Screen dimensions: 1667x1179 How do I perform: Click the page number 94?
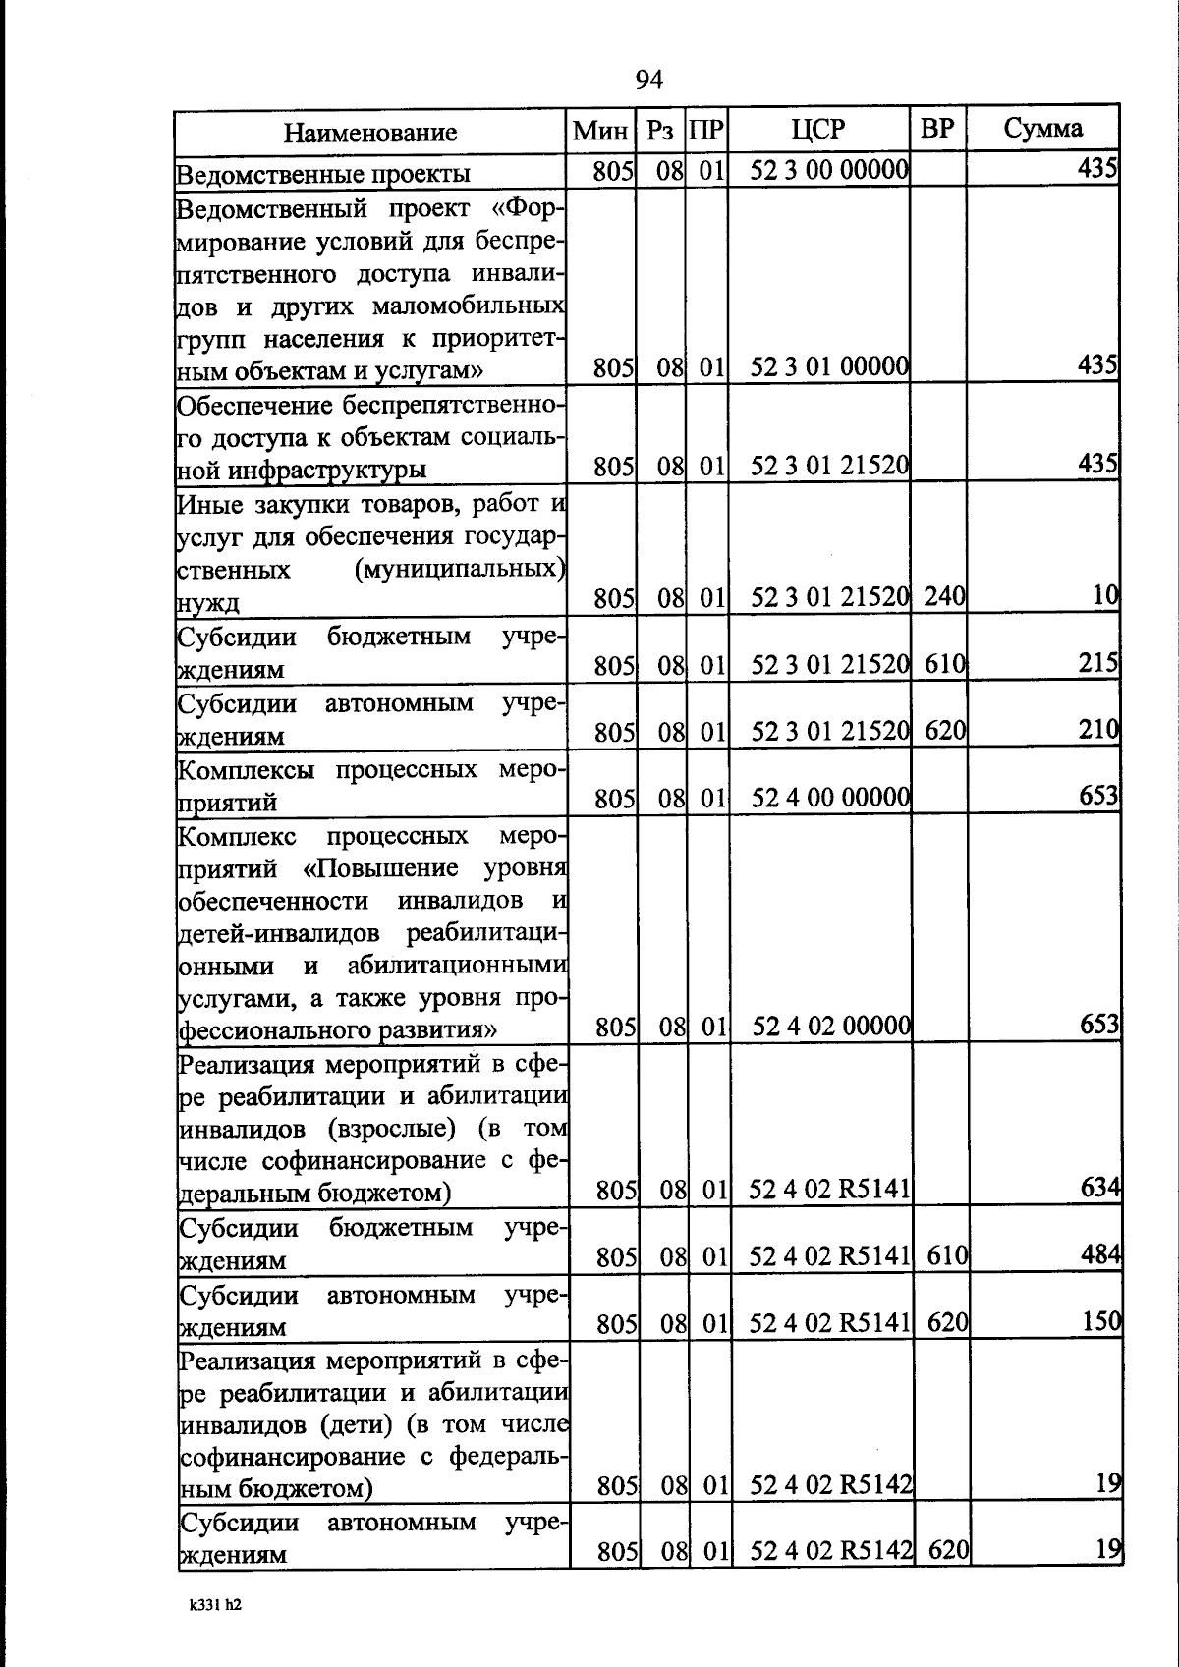click(x=649, y=80)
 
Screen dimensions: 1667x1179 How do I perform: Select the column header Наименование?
click(x=370, y=132)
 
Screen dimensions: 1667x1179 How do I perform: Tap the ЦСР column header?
click(x=817, y=129)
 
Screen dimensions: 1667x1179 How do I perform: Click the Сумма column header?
click(x=1042, y=128)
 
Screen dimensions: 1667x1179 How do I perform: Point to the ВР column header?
click(x=937, y=128)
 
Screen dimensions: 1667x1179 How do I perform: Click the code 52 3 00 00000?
click(x=829, y=171)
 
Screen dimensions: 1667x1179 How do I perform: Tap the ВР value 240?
click(x=945, y=596)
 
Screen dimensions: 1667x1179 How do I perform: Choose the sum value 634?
click(x=1100, y=1188)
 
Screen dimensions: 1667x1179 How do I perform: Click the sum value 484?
click(x=1100, y=1254)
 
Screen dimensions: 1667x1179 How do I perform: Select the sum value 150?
click(x=1101, y=1321)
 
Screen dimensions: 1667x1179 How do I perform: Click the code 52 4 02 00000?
click(x=831, y=1027)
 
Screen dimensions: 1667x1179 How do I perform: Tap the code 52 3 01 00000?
click(x=829, y=367)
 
